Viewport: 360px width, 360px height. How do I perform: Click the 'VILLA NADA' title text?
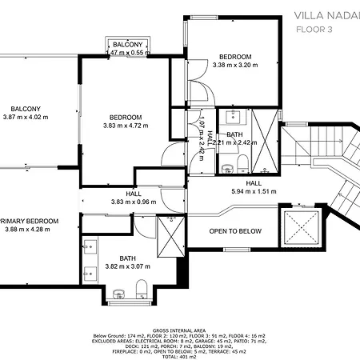(x=326, y=14)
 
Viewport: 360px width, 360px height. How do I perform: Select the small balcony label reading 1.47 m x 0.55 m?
(x=128, y=53)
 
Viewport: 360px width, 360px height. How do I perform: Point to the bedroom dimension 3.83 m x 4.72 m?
(x=125, y=125)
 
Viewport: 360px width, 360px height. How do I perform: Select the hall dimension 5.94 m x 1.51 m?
(x=253, y=192)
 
